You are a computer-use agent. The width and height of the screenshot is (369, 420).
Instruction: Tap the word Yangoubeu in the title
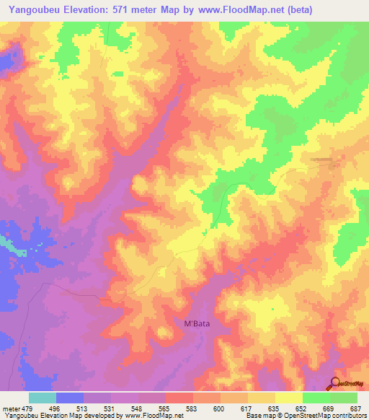point(34,9)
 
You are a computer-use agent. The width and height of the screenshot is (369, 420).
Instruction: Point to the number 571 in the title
point(128,9)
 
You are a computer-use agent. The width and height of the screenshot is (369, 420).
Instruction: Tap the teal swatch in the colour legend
point(42,397)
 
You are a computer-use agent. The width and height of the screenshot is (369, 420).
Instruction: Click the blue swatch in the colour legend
point(69,397)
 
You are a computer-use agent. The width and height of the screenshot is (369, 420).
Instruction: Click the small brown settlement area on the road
point(324,160)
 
